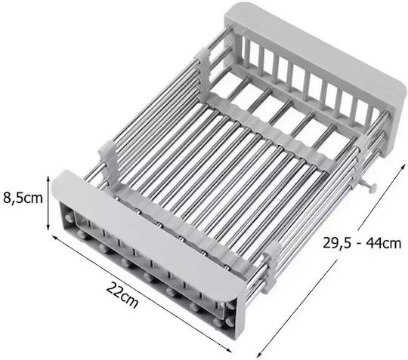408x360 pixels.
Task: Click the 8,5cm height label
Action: (23, 198)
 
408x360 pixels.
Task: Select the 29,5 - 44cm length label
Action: (362, 243)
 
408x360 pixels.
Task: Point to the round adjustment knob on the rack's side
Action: (372, 187)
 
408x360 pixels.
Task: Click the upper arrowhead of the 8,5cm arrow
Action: (48, 178)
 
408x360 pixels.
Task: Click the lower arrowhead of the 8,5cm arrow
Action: (48, 228)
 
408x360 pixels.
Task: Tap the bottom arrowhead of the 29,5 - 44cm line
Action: (259, 354)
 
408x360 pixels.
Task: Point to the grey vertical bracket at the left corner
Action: (108, 162)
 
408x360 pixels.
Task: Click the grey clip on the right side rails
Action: (270, 268)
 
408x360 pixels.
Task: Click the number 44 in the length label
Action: (374, 243)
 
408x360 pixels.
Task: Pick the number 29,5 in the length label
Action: (337, 243)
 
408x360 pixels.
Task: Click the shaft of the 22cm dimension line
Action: (142, 294)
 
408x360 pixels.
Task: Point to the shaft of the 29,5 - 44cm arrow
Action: (331, 260)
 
